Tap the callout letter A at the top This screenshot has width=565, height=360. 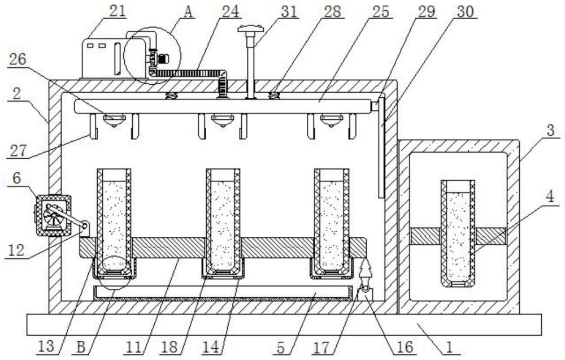188,12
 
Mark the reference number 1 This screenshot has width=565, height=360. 450,345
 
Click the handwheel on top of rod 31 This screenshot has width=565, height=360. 249,29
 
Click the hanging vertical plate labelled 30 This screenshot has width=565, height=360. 380,147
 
